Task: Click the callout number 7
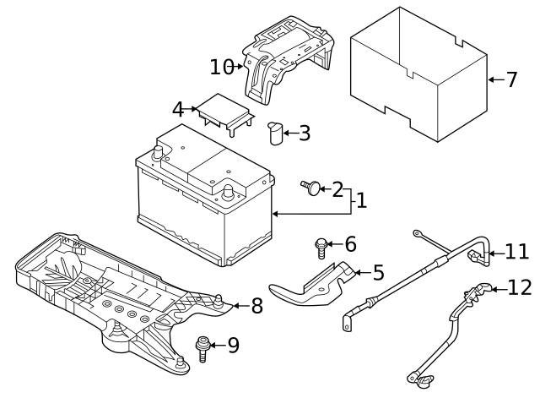pos(511,80)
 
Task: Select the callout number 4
pos(177,110)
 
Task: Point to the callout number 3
pos(305,133)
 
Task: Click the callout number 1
pos(360,201)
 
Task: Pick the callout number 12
pos(520,288)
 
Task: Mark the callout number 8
pos(256,306)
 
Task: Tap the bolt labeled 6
pos(321,246)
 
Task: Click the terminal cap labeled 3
pos(275,133)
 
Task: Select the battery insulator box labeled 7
pos(418,76)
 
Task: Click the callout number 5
pos(377,272)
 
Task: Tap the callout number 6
pos(349,244)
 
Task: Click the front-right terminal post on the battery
pos(227,191)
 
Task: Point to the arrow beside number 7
pos(495,80)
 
